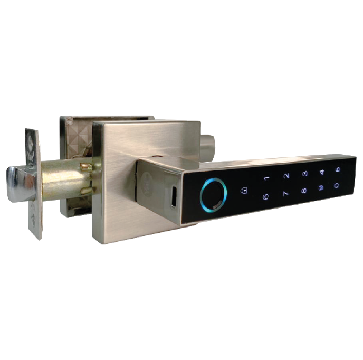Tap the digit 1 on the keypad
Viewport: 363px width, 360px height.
pos(267,178)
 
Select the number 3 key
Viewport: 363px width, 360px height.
pos(305,174)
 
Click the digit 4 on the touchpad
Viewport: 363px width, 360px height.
pos(322,172)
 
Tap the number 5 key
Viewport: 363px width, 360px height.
pos(338,169)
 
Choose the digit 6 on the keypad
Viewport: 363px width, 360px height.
pos(266,197)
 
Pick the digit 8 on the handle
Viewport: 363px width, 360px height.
pos(304,190)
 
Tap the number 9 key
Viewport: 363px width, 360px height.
pos(321,187)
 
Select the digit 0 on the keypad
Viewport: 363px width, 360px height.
pos(337,185)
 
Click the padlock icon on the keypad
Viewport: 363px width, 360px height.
pos(244,190)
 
